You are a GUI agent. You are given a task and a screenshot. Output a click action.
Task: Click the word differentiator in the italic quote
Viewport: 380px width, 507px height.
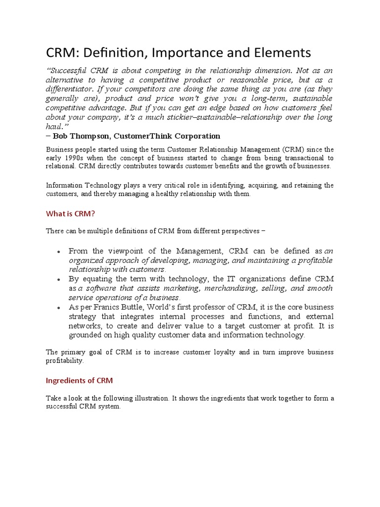[x=70, y=90]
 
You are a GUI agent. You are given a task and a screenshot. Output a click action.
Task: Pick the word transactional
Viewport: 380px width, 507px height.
[x=299, y=158]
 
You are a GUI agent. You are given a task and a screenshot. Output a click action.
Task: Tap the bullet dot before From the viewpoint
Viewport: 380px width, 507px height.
[x=59, y=252]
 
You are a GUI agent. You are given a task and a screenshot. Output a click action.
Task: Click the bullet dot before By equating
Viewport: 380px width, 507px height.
[x=59, y=280]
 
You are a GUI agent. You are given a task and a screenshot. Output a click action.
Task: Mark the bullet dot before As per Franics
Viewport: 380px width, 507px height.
[x=59, y=307]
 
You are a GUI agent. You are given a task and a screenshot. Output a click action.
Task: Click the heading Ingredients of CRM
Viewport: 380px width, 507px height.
[x=79, y=380]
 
